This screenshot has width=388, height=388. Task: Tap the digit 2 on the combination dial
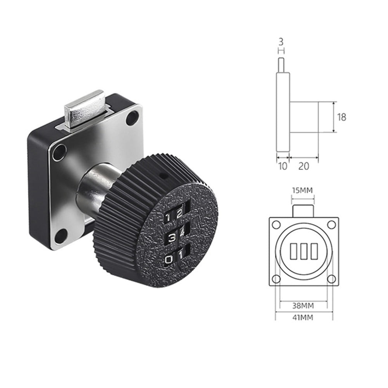coord(179,214)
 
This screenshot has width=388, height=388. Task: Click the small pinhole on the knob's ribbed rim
coord(163,175)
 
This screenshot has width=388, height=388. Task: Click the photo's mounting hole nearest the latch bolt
coord(133,117)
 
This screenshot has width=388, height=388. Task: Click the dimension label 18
coord(341,117)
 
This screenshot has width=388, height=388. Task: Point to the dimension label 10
coord(283,166)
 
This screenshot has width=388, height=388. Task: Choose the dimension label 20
coord(304,166)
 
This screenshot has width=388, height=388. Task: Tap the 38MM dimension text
coord(304,306)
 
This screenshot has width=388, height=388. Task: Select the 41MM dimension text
coord(304,317)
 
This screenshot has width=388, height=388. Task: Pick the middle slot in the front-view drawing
coord(304,251)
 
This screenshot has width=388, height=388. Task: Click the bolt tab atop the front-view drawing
coord(304,211)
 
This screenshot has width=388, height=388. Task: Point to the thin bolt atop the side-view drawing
coord(282,65)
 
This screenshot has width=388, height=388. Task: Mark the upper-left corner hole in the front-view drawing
coord(276,224)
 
